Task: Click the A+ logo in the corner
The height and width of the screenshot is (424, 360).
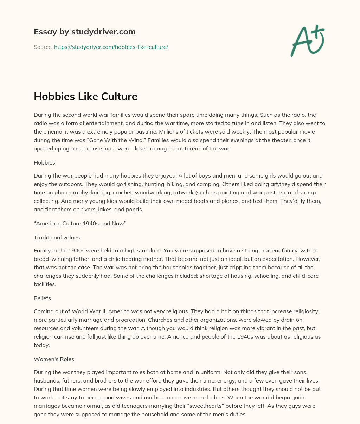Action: click(x=308, y=40)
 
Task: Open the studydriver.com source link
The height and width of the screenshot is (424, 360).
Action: click(x=111, y=47)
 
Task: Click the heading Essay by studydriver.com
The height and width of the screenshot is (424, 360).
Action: click(x=84, y=32)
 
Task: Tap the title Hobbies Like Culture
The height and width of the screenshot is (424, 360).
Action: click(x=85, y=96)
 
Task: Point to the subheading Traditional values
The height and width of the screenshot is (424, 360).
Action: click(x=57, y=237)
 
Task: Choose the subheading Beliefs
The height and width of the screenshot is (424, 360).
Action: click(x=42, y=298)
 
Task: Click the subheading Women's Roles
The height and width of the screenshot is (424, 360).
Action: click(x=54, y=359)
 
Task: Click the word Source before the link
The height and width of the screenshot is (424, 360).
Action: click(x=43, y=47)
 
